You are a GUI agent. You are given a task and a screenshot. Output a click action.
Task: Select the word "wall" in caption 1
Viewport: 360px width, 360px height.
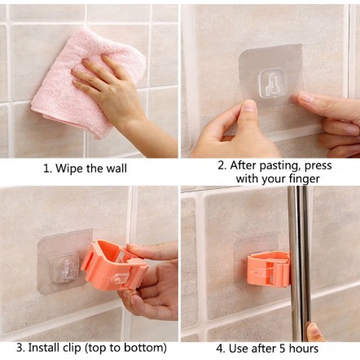116,169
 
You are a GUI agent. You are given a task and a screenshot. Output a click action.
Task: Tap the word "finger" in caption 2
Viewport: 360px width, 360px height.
304,179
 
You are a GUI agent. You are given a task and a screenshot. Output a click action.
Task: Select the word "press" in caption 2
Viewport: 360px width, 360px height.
318,166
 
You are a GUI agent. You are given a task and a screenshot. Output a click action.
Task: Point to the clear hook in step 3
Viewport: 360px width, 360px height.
66,269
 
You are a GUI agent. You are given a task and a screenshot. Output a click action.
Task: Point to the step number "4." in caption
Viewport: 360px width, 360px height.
221,349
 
